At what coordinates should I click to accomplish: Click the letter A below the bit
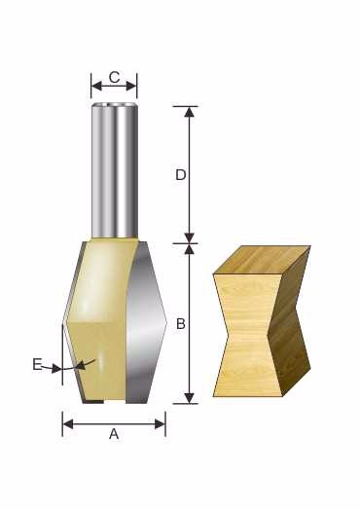[114, 434]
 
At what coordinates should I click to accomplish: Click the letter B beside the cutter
[181, 324]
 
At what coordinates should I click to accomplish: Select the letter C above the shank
[114, 78]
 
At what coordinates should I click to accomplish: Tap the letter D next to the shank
[181, 175]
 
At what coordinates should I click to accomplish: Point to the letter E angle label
[37, 364]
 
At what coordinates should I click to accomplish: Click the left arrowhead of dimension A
[68, 424]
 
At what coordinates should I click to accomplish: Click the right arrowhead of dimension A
[160, 424]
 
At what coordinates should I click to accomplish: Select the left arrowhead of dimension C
[96, 87]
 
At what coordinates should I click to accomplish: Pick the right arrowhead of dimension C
[131, 87]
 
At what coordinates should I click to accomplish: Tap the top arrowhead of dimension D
[190, 112]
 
